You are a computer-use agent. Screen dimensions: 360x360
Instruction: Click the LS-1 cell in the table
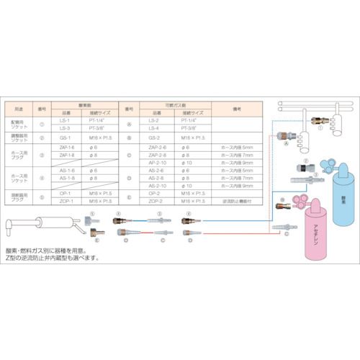click(x=66, y=120)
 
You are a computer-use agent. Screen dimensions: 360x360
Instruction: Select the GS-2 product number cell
click(x=153, y=135)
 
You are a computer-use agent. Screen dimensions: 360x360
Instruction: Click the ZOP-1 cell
click(x=66, y=202)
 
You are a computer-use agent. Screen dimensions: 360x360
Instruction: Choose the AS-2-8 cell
click(x=154, y=178)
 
